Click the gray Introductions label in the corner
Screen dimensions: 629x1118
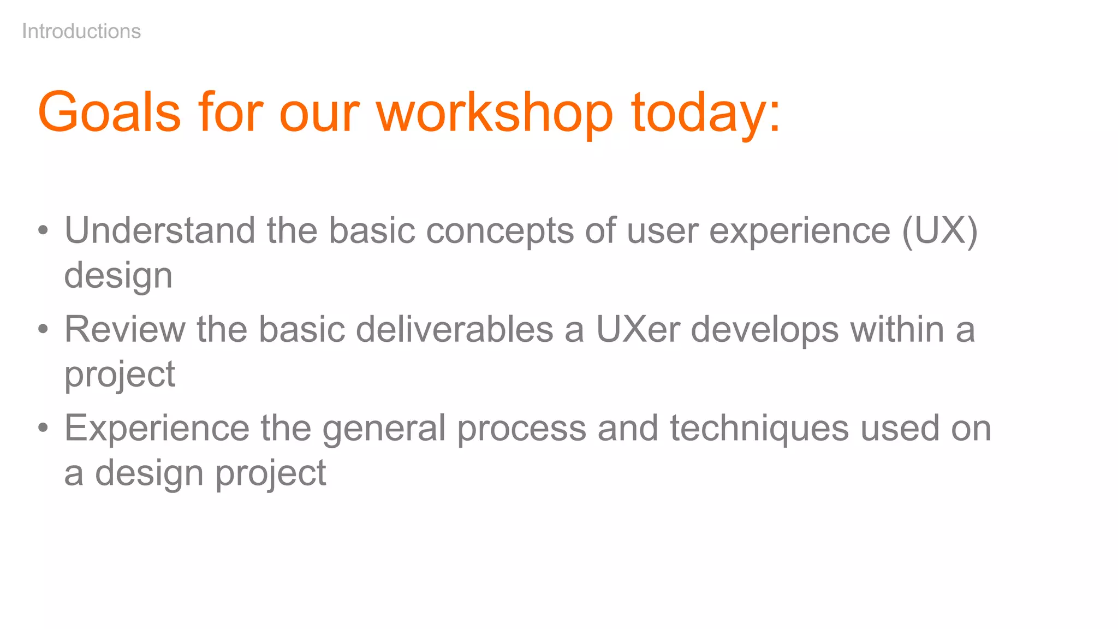[81, 32]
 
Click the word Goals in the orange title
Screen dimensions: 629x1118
[109, 112]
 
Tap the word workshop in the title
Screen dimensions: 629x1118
[495, 112]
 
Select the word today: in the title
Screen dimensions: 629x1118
[706, 112]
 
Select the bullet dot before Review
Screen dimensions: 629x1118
[43, 329]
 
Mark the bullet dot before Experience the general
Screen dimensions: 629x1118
[43, 428]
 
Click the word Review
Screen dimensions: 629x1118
[125, 329]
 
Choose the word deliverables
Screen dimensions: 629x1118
[455, 329]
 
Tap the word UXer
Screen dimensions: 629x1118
[638, 329]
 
